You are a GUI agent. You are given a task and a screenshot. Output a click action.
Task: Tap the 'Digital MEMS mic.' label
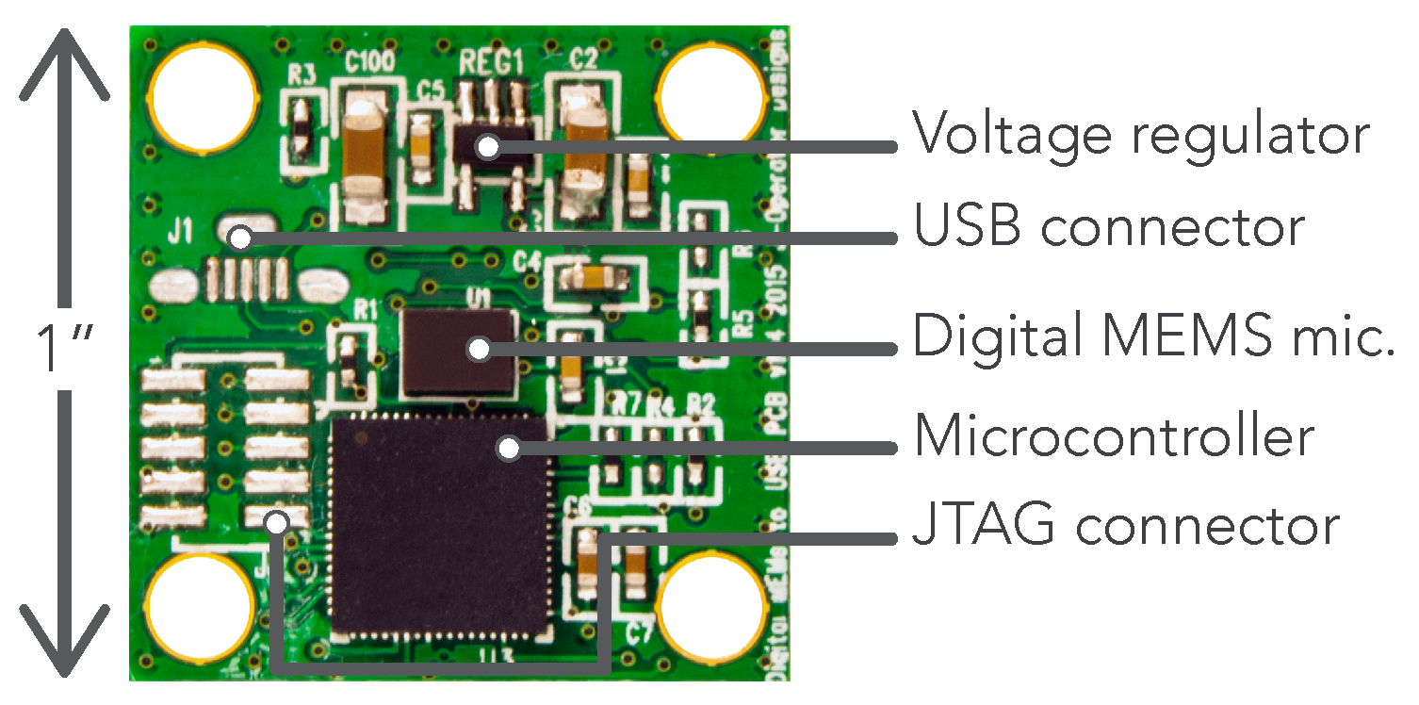click(x=1153, y=337)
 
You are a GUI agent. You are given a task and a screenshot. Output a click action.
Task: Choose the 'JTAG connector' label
click(x=1125, y=526)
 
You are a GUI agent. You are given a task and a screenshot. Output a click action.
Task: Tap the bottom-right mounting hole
click(x=712, y=604)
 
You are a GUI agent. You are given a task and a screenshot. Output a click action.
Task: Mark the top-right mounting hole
click(x=712, y=98)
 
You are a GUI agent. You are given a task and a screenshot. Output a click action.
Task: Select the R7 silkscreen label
click(x=625, y=406)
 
